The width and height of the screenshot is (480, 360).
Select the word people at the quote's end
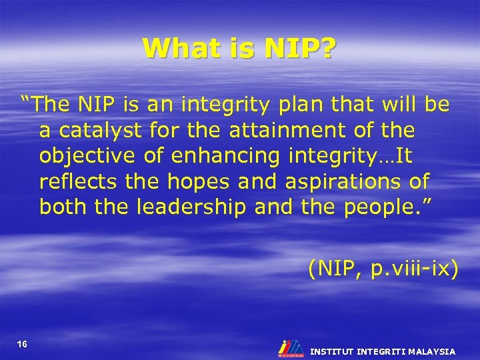click(x=382, y=207)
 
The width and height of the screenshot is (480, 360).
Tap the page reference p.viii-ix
click(x=411, y=269)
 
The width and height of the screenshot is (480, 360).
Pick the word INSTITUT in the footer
click(x=332, y=351)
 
